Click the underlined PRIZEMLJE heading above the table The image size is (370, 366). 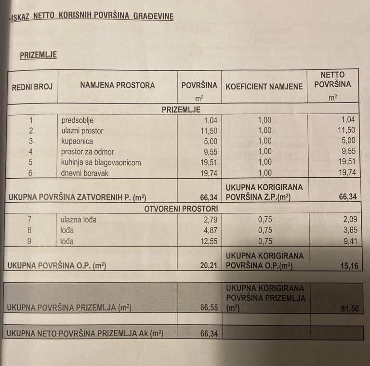38,55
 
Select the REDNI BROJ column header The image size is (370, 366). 32,87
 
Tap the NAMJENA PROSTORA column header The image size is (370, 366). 118,86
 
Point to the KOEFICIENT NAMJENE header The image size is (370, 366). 264,87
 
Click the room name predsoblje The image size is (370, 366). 77,120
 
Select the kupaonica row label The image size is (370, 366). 77,141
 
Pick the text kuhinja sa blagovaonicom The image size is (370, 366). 101,162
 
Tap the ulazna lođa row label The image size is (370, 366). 79,220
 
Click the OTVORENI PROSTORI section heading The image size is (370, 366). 181,209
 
